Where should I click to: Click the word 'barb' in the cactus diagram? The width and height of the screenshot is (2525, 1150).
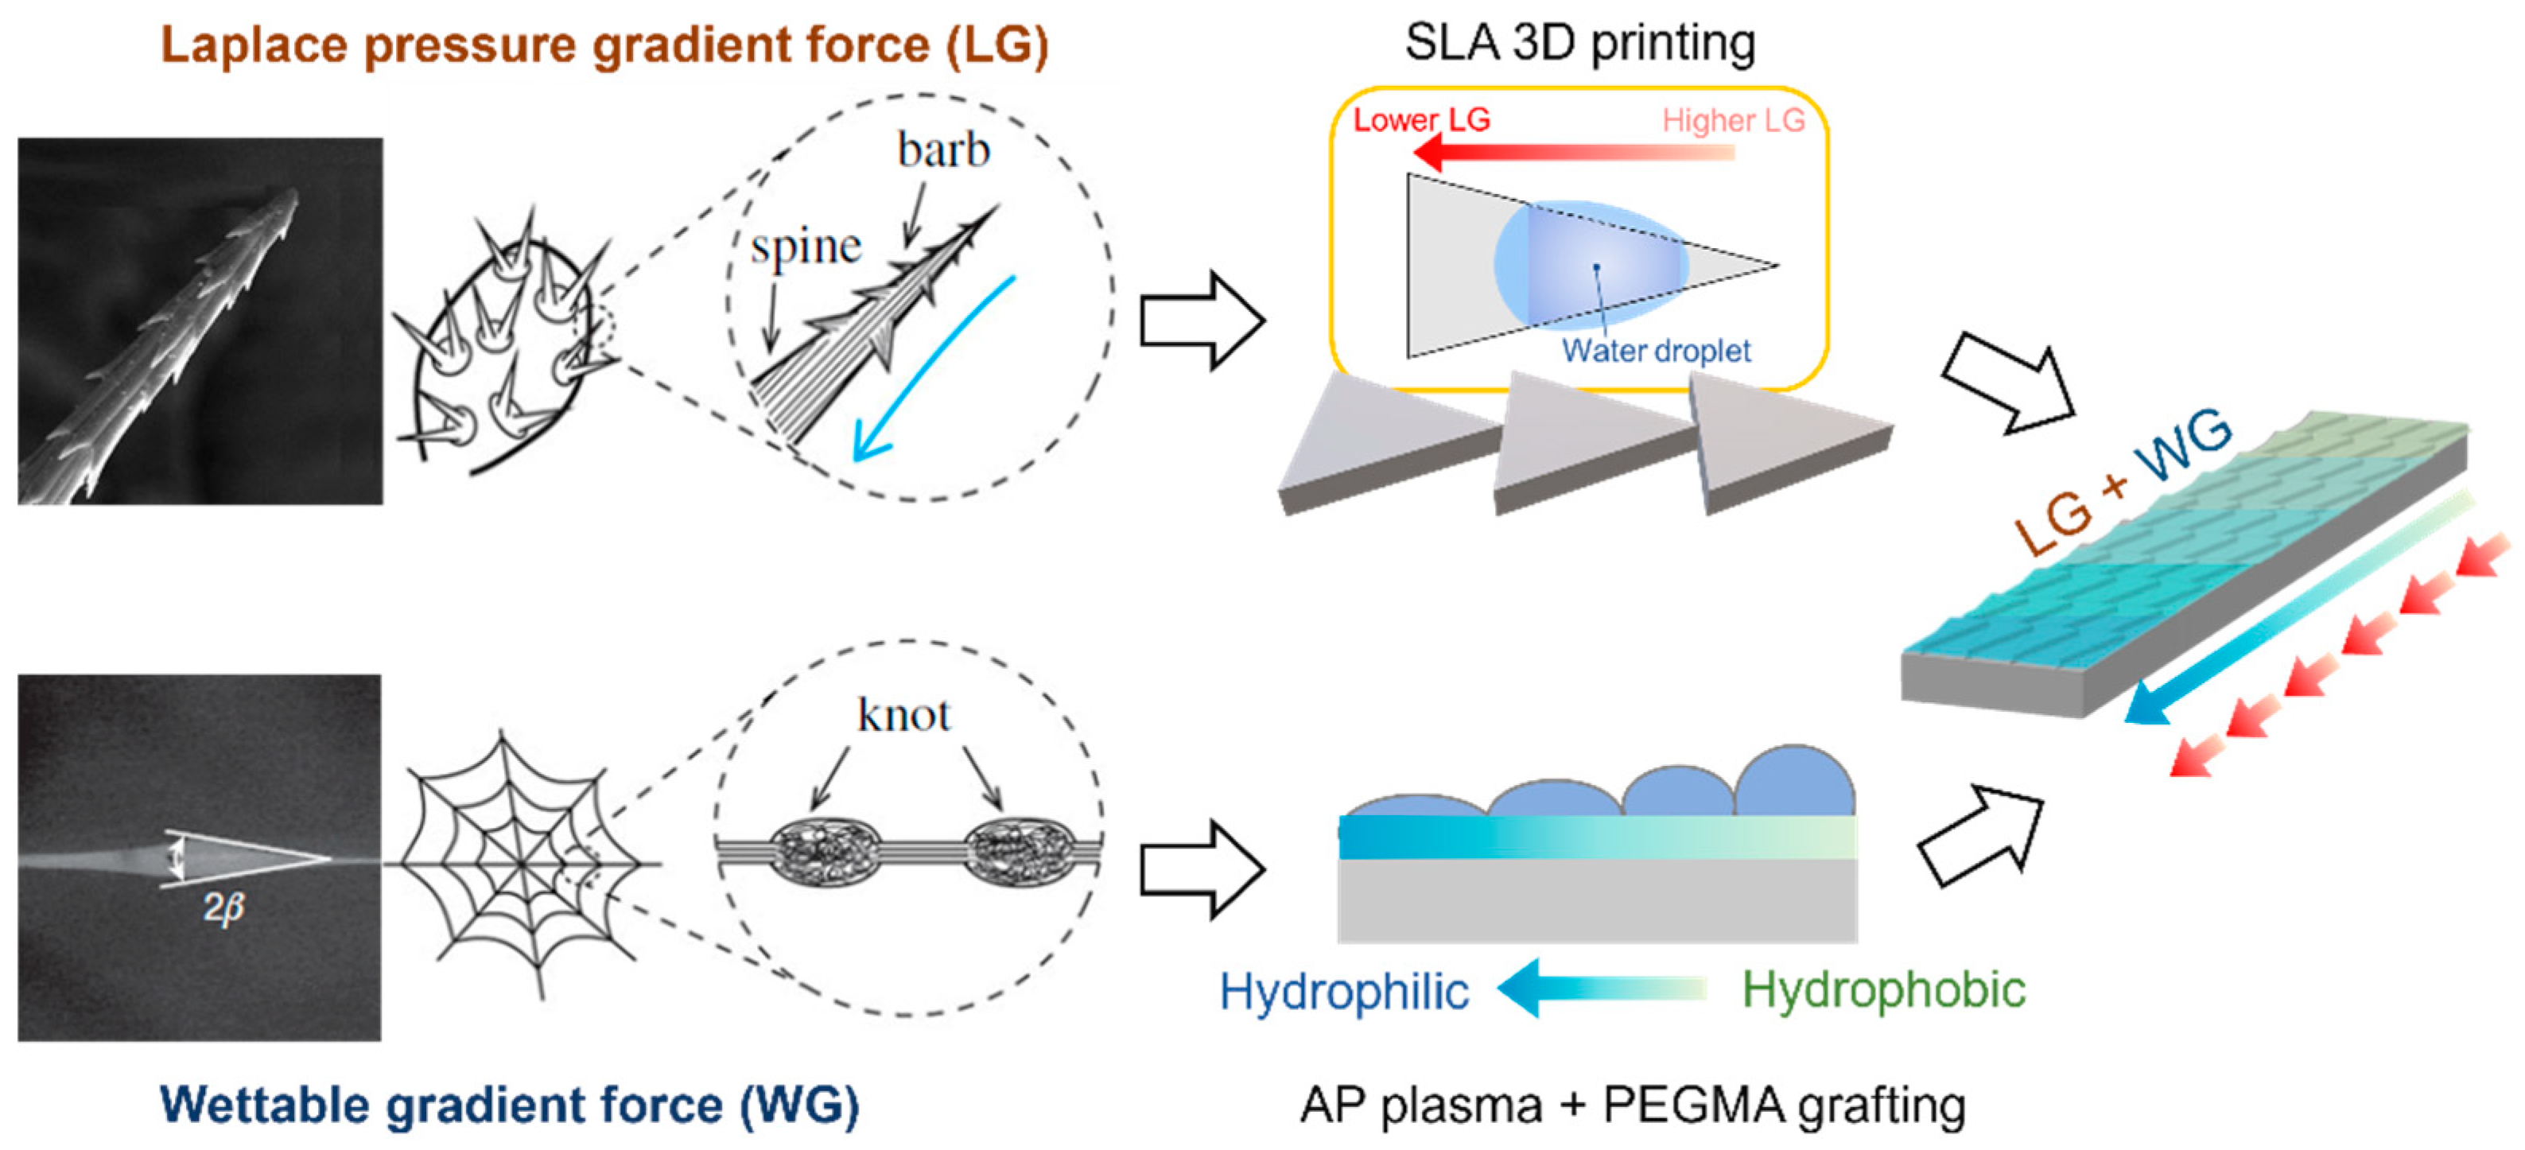click(943, 150)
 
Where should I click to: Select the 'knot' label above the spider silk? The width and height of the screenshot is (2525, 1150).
click(903, 715)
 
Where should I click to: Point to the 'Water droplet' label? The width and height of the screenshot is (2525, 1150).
click(1656, 350)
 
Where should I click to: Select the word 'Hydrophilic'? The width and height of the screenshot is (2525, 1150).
click(1344, 991)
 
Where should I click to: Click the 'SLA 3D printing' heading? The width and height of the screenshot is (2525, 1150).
click(1580, 42)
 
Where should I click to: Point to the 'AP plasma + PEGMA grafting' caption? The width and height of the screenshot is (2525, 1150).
click(1633, 1105)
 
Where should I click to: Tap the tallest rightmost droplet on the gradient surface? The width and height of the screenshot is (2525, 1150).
click(1794, 783)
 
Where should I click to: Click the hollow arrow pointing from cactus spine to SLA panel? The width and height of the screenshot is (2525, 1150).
click(1202, 320)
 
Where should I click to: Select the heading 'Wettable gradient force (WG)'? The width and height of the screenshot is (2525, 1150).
click(510, 1105)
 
